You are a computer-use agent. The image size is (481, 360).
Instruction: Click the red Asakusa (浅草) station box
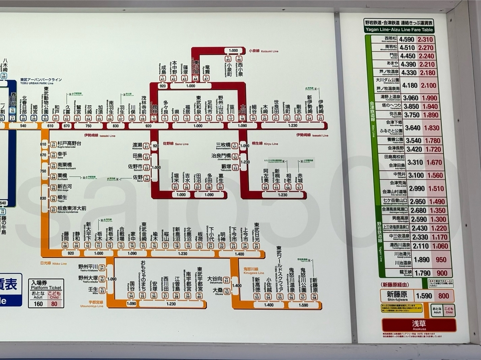tap(419, 324)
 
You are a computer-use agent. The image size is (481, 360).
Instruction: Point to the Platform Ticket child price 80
tap(54, 304)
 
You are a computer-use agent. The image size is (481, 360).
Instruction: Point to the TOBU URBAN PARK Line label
tap(41, 80)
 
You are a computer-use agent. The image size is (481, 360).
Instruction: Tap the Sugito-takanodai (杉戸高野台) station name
tap(69, 143)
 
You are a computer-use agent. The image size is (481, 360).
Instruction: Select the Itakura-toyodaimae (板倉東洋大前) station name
tap(71, 208)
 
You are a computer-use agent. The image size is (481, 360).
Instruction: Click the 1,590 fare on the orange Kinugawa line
tap(303, 305)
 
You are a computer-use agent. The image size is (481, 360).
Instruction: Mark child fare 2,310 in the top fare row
tap(425, 40)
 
